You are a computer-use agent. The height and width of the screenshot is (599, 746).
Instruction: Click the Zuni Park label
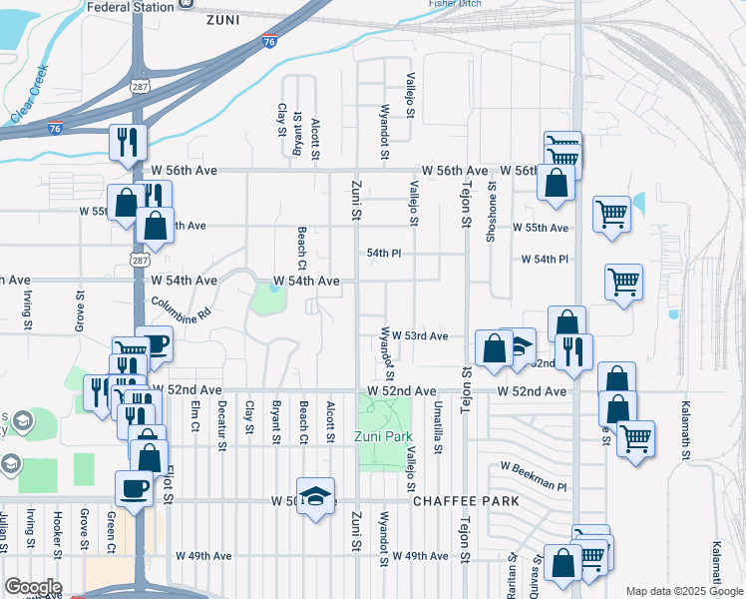click(x=383, y=437)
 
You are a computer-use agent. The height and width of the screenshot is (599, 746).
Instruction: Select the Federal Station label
click(x=131, y=6)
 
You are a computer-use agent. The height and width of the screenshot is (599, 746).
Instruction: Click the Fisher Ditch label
click(x=455, y=4)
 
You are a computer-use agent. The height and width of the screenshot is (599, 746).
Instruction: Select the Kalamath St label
click(x=685, y=430)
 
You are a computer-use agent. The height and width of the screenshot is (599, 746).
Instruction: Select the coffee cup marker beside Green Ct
click(x=134, y=488)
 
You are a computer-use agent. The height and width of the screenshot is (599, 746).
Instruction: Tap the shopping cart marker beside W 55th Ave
click(x=610, y=212)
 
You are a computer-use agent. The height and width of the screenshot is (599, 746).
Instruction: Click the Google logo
click(x=33, y=587)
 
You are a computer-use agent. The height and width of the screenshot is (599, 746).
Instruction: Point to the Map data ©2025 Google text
click(x=683, y=591)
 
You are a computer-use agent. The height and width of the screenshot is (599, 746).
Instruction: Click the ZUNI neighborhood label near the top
click(x=223, y=19)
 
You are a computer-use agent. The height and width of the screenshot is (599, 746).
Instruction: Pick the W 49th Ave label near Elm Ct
click(x=203, y=555)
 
